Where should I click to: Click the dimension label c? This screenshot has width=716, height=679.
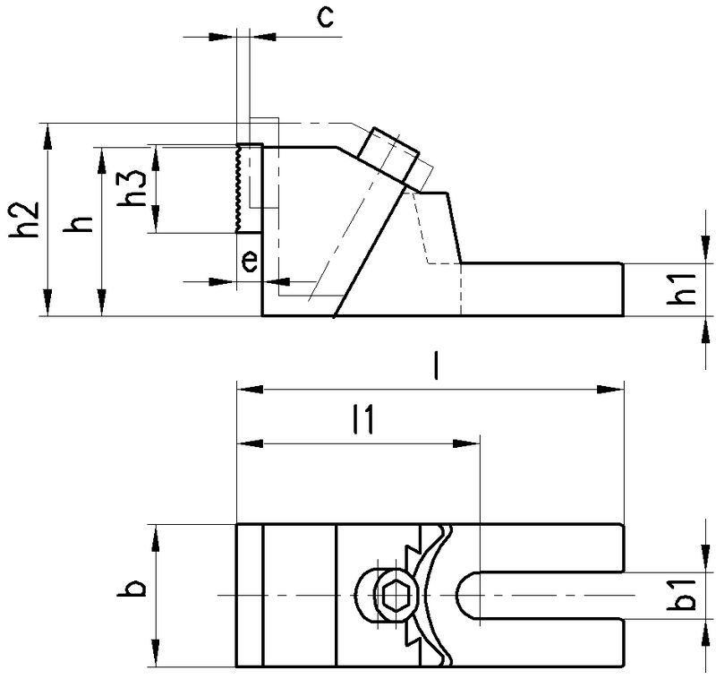328,18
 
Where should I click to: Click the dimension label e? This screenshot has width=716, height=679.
251,261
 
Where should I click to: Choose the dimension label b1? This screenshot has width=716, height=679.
685,596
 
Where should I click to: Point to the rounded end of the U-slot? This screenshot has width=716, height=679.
466,596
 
